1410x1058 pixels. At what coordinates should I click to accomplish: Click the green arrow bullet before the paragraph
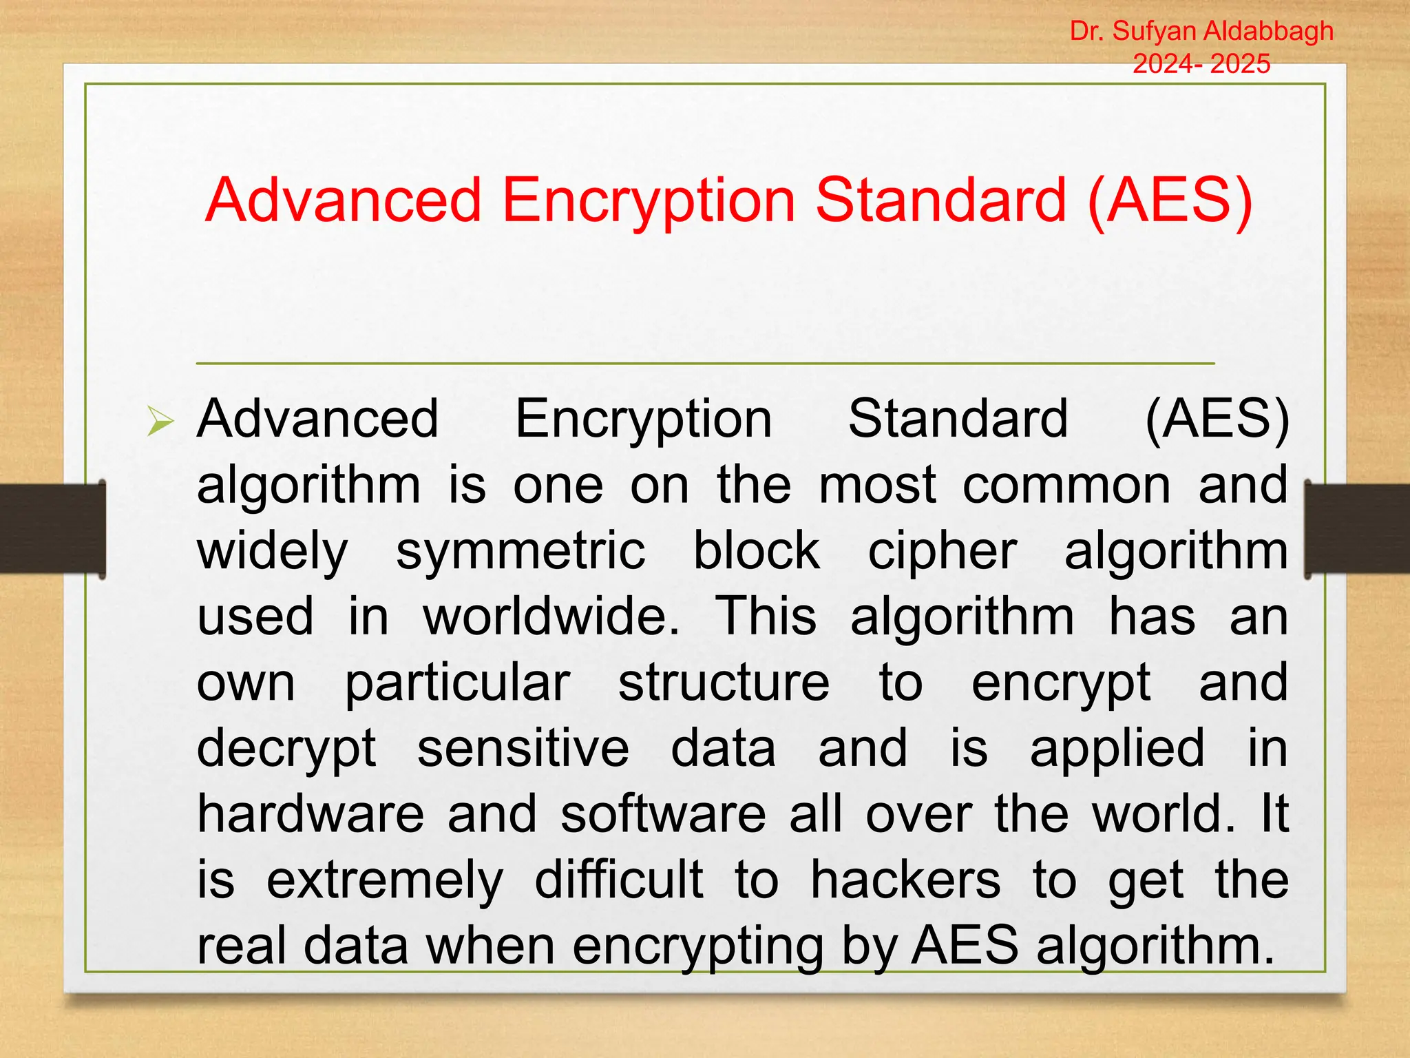[160, 421]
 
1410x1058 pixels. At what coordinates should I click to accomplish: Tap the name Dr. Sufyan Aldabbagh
[1201, 31]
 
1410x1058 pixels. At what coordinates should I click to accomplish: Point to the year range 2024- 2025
[1201, 63]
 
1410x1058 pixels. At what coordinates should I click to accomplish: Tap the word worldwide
[551, 616]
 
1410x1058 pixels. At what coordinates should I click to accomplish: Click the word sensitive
[523, 748]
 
